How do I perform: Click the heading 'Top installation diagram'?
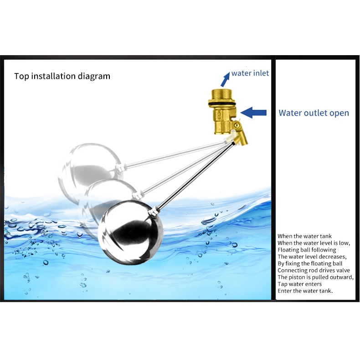(62, 76)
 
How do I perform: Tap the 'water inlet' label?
(250, 73)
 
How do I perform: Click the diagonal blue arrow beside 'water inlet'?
(225, 79)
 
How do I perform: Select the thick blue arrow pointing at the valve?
(253, 113)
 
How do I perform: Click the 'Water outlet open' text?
(314, 113)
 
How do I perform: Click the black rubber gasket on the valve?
(222, 104)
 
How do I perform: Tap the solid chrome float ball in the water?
(131, 232)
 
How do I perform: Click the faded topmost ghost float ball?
(91, 171)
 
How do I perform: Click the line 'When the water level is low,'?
(314, 243)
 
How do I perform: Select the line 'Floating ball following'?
(307, 250)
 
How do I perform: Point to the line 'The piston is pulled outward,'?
(315, 277)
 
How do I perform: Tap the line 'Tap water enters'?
(299, 284)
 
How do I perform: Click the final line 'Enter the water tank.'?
(305, 291)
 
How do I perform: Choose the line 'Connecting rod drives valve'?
(314, 270)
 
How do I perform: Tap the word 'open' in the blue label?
(339, 113)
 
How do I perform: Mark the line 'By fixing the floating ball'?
(310, 263)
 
